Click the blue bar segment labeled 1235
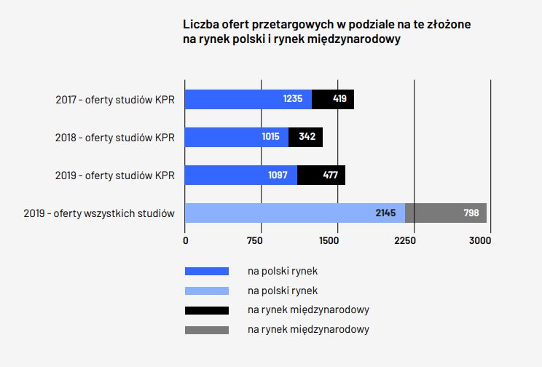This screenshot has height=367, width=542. tap(248, 99)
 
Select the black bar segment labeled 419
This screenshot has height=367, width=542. tap(333, 99)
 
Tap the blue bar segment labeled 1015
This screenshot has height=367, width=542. tap(237, 137)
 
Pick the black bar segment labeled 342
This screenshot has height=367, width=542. tap(305, 137)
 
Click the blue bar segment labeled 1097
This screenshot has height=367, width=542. tap(241, 175)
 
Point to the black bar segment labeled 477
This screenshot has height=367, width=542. tap(321, 175)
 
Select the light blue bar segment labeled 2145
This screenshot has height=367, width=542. tap(294, 213)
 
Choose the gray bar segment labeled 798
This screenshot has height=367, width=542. tap(446, 213)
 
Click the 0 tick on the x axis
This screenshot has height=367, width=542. tap(185, 240)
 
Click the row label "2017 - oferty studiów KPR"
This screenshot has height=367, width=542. tap(115, 99)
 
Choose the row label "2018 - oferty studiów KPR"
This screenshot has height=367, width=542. tap(115, 137)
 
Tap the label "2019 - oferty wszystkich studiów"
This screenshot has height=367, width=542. tap(99, 213)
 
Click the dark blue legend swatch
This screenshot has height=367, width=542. tap(207, 271)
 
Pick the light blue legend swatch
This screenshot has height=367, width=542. tap(207, 291)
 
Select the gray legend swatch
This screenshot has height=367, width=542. tap(207, 330)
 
